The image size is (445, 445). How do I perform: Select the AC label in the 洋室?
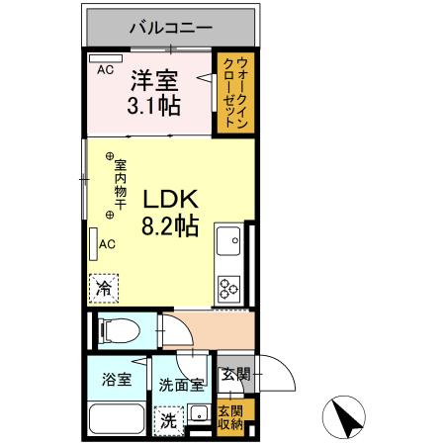click(x=104, y=69)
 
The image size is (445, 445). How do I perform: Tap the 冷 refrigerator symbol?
click(x=104, y=289)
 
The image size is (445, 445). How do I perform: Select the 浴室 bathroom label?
click(x=117, y=379)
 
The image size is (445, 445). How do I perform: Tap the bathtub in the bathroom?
click(x=117, y=419)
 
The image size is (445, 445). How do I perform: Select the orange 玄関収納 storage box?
click(x=229, y=417)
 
